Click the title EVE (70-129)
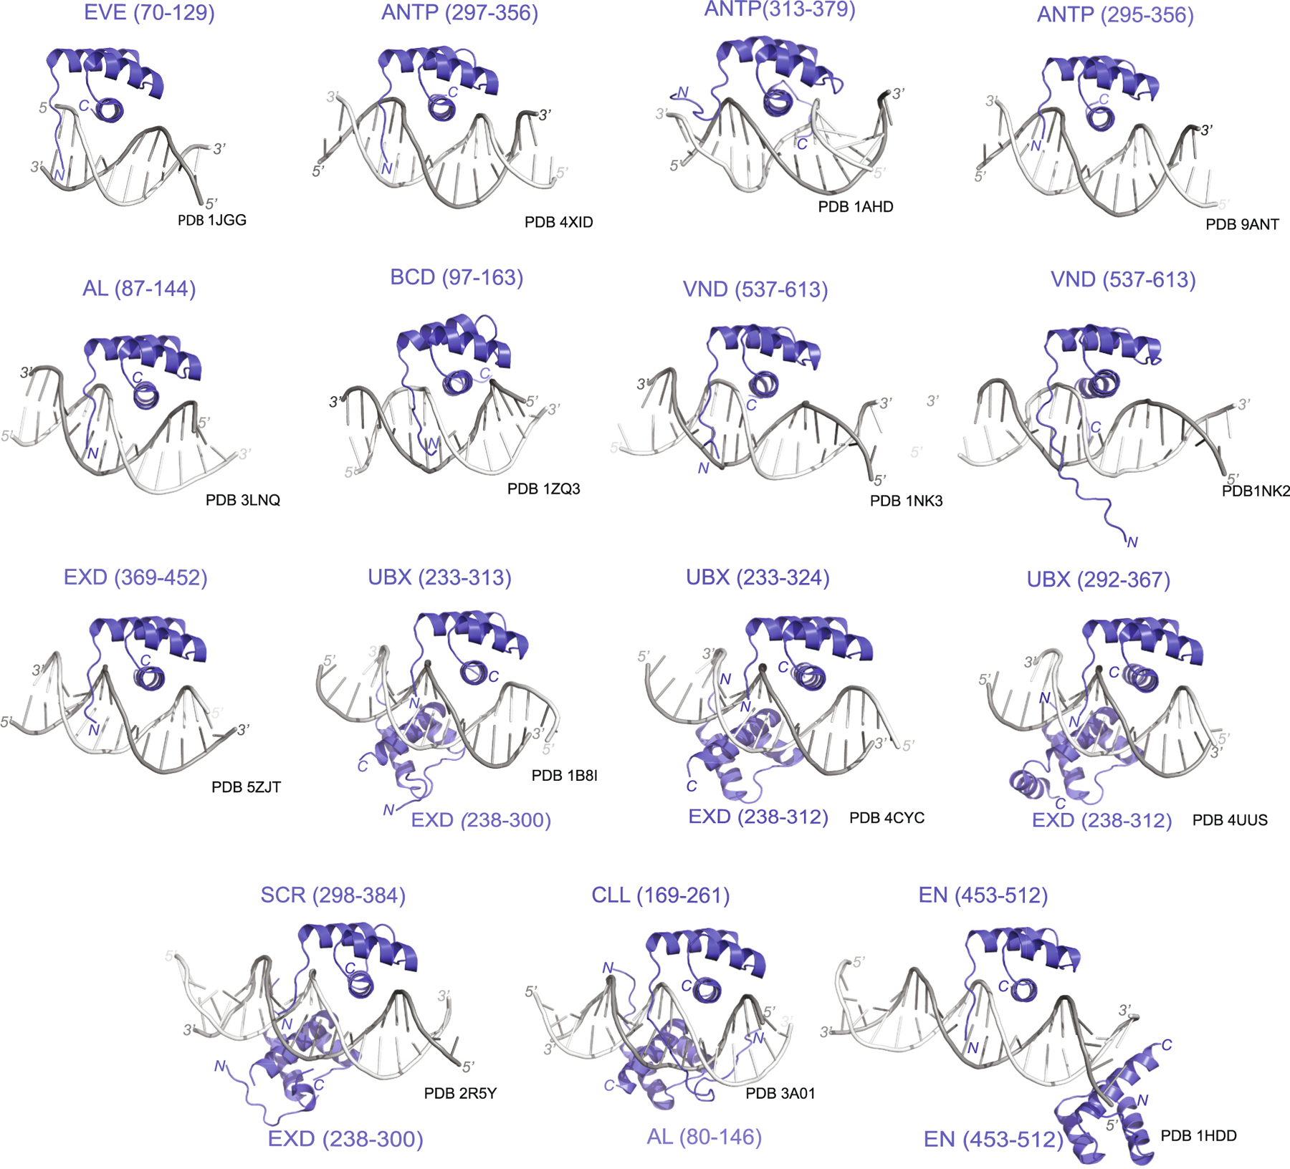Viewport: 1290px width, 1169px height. (149, 13)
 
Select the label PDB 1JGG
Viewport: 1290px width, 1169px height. (212, 220)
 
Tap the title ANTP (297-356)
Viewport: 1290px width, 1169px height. (459, 13)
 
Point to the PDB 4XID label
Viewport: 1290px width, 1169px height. (559, 222)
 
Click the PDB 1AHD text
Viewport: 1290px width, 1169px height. (856, 206)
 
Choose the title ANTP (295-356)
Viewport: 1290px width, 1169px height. (1115, 14)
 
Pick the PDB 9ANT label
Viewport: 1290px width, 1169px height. (1242, 224)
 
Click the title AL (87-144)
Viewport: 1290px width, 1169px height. (139, 289)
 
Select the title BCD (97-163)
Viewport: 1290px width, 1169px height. (457, 277)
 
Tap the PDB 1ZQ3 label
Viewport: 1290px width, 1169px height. (544, 489)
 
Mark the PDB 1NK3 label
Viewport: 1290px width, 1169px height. (907, 501)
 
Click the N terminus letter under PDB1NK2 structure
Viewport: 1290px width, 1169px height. (1132, 542)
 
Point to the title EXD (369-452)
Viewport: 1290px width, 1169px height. (135, 577)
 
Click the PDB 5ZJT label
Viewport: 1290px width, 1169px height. (246, 787)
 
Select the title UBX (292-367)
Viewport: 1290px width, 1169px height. (1099, 579)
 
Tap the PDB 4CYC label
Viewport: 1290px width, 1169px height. (887, 818)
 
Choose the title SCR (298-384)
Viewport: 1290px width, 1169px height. (333, 895)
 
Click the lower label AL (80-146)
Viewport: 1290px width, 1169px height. (704, 1137)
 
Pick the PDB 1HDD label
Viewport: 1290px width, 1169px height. (1199, 1136)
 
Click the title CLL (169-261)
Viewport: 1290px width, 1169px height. (661, 895)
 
